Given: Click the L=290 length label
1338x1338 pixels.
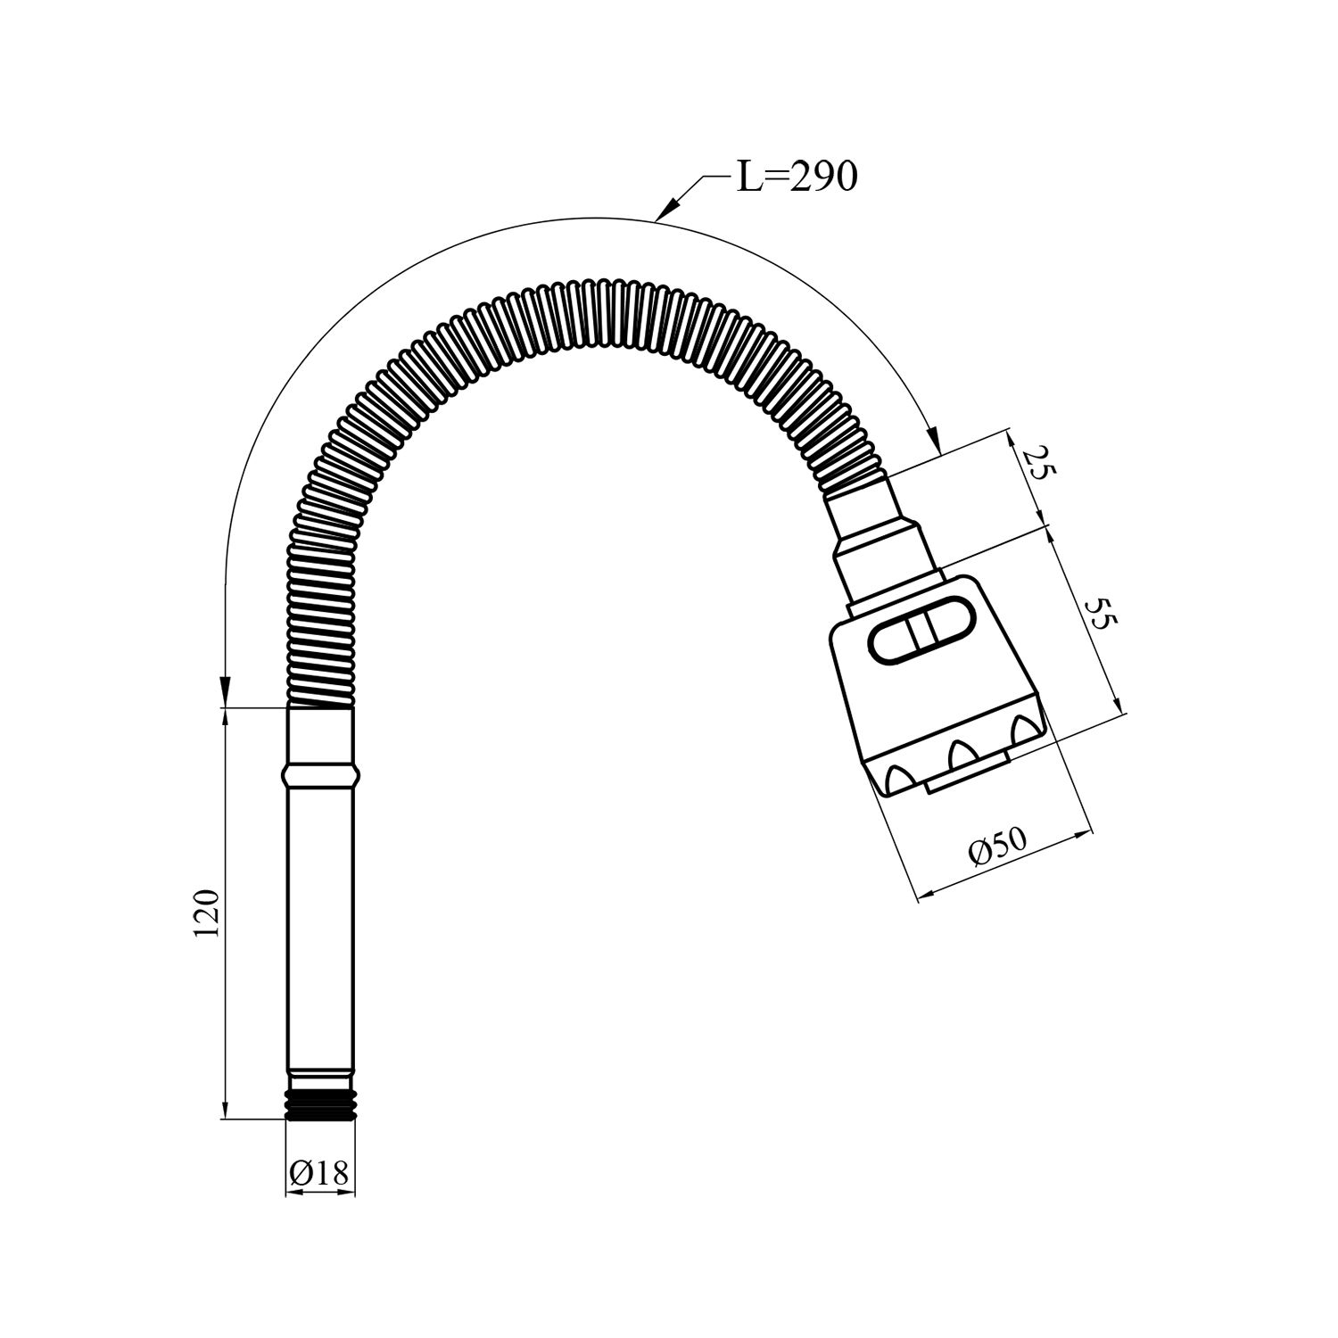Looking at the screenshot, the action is click(797, 177).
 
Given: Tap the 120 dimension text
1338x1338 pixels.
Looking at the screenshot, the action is click(205, 913).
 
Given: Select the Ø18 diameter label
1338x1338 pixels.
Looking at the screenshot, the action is click(319, 1173).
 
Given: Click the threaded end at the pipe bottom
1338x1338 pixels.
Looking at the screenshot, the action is click(320, 1103).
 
